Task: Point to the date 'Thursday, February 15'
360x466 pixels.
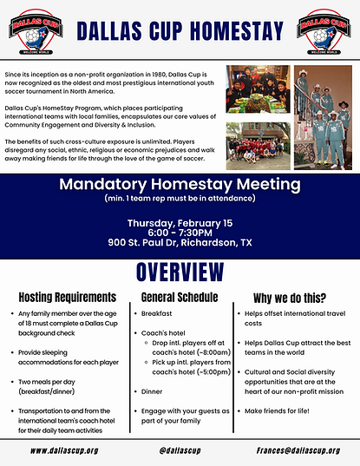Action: (x=180, y=222)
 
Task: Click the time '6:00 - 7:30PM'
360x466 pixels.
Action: (x=180, y=233)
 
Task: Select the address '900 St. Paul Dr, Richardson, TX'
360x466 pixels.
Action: (x=180, y=243)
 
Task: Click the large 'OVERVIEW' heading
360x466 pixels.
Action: (x=180, y=273)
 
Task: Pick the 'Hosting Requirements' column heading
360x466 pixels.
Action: (x=67, y=296)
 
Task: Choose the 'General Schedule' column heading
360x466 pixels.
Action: (x=178, y=296)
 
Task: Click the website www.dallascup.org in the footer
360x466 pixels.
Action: (x=64, y=450)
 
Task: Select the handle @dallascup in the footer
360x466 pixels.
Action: (x=180, y=450)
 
